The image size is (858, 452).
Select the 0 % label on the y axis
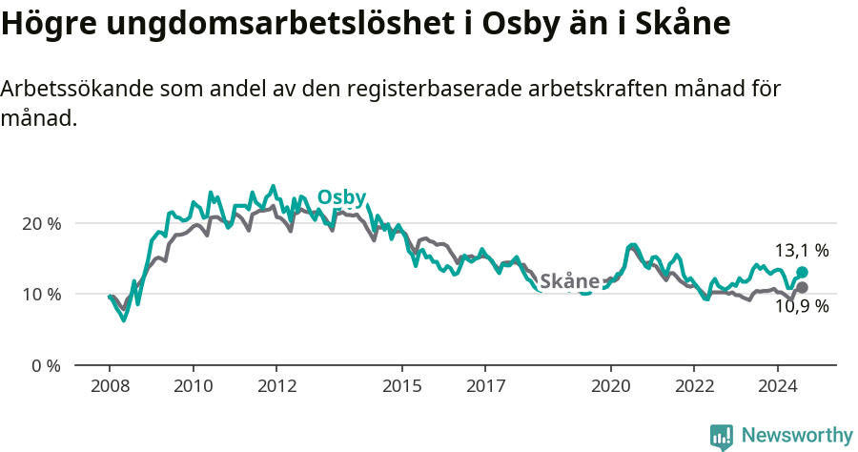[x=46, y=365]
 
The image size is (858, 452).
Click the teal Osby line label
[x=341, y=196]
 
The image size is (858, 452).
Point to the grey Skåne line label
[x=569, y=281]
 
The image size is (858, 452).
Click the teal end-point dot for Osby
[x=802, y=273]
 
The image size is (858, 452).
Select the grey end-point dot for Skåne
[x=802, y=287]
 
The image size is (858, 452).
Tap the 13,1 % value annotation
[x=801, y=251]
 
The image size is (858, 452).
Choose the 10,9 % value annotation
[x=801, y=307]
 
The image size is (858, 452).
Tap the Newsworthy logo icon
[x=722, y=437]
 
